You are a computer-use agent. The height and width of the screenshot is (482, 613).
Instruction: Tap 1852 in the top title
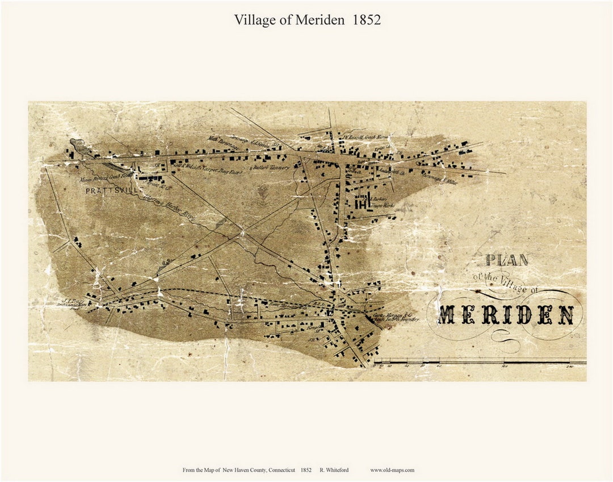click(366, 19)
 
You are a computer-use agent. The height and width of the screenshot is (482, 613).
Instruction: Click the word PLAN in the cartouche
click(506, 261)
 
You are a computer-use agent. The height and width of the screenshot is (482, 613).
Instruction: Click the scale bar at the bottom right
click(480, 360)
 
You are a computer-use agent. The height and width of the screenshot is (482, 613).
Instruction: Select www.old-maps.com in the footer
click(392, 470)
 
